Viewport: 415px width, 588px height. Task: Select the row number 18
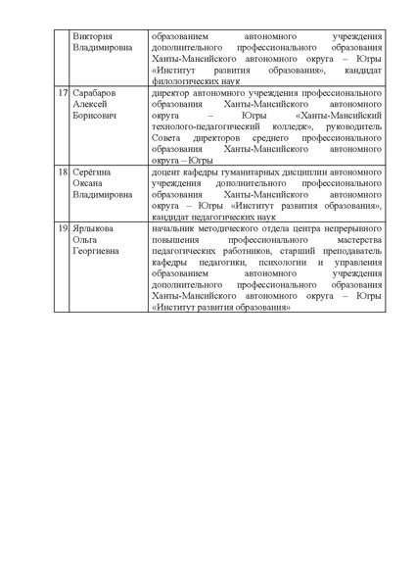coord(63,171)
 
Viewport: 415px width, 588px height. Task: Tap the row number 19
coord(63,227)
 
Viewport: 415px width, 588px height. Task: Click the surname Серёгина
coord(93,171)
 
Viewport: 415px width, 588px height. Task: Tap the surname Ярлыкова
coord(95,227)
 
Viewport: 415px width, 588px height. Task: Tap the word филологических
coord(183,80)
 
